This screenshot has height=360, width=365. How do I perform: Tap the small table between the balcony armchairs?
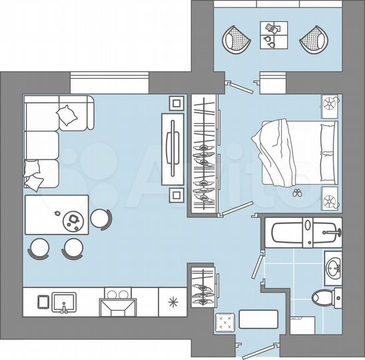273,35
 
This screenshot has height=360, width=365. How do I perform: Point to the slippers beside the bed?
296,193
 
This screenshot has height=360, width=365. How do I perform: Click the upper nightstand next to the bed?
330,105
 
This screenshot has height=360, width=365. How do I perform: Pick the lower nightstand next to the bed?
330,199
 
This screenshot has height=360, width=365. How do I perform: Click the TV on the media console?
173,147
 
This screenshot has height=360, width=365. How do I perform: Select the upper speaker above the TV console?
176,103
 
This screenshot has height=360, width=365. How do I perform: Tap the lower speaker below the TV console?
176,195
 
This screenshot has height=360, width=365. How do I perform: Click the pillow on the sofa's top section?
68,117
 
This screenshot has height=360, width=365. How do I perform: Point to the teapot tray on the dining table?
71,219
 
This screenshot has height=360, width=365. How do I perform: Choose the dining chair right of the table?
101,218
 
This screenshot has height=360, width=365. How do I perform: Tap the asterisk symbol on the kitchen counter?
174,302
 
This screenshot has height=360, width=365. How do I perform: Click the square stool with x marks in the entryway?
225,323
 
